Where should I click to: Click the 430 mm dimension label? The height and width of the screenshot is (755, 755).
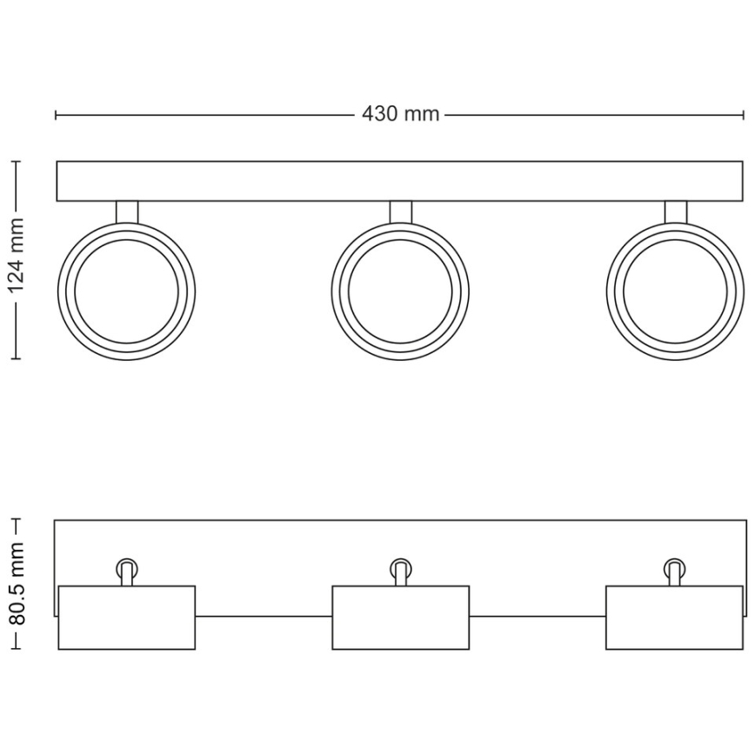click(400, 115)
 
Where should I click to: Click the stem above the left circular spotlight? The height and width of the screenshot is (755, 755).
click(127, 211)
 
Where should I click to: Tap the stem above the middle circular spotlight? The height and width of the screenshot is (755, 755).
click(400, 211)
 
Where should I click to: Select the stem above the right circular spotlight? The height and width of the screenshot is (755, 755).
click(675, 211)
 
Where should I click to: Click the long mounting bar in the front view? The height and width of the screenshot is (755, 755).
click(400, 181)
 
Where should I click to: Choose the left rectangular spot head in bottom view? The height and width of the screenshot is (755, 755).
click(127, 618)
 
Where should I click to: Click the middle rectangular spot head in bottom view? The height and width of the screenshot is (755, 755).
click(400, 618)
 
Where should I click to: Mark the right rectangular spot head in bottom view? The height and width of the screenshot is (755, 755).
click(674, 618)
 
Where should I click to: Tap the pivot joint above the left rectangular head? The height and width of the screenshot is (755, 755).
click(127, 570)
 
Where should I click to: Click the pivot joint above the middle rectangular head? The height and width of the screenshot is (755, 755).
click(400, 570)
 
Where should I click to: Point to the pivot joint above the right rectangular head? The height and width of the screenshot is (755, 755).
click(674, 570)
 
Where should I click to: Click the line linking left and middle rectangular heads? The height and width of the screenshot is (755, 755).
click(264, 616)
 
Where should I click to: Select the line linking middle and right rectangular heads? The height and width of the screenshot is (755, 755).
click(538, 616)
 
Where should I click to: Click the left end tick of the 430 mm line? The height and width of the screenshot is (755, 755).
click(57, 115)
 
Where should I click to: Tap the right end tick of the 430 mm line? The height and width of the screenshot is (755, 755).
click(744, 115)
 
